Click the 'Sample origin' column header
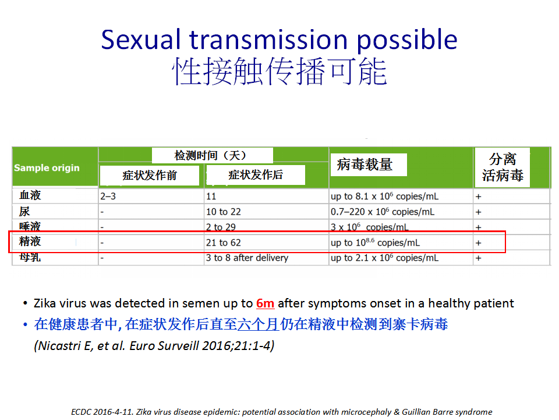[47, 168]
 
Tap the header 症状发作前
[150, 176]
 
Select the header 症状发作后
[256, 174]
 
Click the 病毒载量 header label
[365, 164]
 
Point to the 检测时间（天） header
[210, 155]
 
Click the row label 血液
[30, 195]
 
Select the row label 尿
[24, 211]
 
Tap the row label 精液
[30, 242]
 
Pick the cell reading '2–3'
[108, 197]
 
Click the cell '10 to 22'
[224, 212]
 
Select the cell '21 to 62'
[224, 243]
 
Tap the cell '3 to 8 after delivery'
[247, 258]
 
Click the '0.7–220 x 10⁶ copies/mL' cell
[383, 212]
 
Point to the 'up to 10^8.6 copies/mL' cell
[376, 243]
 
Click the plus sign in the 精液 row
[479, 243]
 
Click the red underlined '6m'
[266, 303]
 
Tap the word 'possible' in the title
[407, 40]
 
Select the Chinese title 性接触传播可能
[280, 71]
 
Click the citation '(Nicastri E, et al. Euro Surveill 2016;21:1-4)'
[154, 345]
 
